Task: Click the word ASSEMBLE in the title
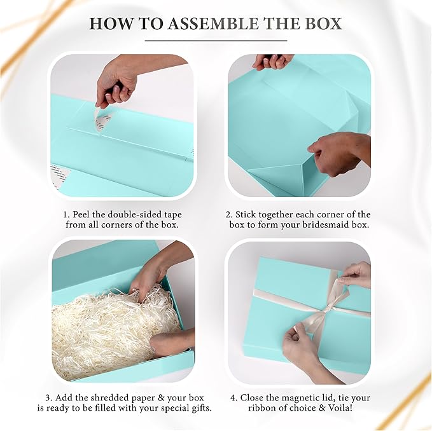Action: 204,24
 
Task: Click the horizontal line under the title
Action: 216,41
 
